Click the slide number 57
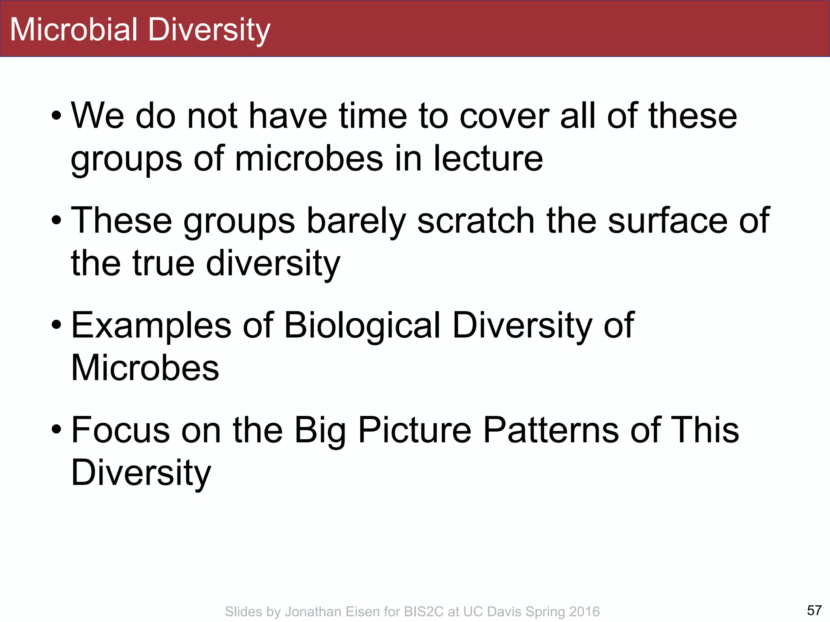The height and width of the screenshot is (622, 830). tap(814, 610)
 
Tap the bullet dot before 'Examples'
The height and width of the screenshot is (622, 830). tap(56, 326)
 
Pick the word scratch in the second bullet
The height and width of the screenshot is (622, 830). tap(476, 221)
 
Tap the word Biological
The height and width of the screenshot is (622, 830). tap(362, 326)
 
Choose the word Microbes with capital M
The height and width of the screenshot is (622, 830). tap(145, 368)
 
